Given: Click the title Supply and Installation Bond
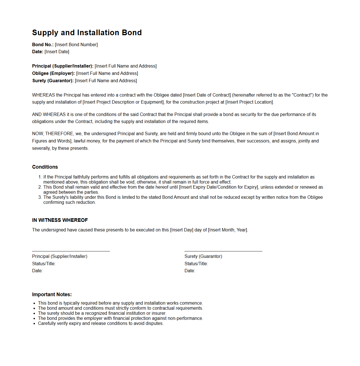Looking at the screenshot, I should coord(87,33).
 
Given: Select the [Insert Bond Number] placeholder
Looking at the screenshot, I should coord(76,44).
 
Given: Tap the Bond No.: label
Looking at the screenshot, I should coord(43,44).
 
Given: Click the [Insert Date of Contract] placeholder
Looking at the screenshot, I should coord(207,95).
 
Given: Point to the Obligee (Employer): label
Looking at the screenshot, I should coord(53,73).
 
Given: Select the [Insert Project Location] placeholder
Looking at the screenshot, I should coord(249,102).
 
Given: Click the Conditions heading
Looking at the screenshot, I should coord(45,167).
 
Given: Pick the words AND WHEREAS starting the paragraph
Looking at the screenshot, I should coord(49,114).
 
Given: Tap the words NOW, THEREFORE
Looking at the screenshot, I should coord(53,133).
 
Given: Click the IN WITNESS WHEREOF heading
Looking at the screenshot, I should coord(60,220).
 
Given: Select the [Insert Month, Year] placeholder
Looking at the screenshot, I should coord(228,230).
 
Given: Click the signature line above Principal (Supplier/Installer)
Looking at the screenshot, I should coord(71,251).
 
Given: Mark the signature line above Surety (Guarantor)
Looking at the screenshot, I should coord(223,251).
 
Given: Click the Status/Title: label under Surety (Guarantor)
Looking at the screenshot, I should coord(196,264).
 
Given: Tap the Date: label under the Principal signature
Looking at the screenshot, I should coord(37,271).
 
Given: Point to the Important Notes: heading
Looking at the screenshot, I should coord(52,294).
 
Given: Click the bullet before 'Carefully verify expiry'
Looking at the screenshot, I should coord(34,323).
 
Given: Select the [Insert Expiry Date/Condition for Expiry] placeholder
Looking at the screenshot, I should coord(219,187).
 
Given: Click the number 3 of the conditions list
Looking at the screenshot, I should coord(40,197).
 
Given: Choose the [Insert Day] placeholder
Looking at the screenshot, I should coord(181,230).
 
